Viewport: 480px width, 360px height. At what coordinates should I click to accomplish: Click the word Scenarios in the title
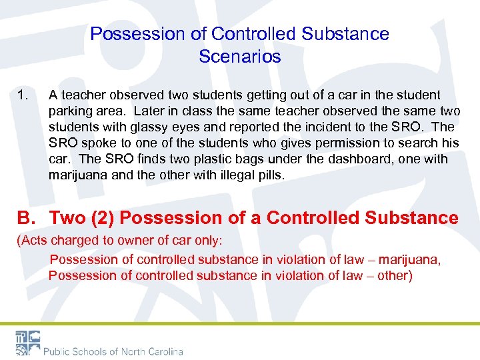pos(239,57)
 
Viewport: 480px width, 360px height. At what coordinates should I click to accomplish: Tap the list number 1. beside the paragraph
pos(23,95)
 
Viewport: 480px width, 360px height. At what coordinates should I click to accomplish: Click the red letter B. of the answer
pos(25,218)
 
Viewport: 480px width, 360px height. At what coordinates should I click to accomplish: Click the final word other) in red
pos(395,275)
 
